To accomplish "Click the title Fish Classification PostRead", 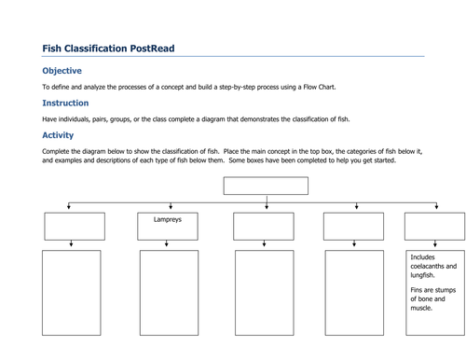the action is coord(108,48).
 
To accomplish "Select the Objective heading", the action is coord(62,71).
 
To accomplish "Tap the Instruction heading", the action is coord(66,104).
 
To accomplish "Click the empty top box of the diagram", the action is coord(266,186).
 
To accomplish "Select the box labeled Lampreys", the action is coord(169,227).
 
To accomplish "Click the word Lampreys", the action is coord(169,221).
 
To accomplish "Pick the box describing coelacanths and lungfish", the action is coord(434,292).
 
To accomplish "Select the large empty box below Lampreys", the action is coord(169,292).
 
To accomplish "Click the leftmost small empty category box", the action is coord(74,227).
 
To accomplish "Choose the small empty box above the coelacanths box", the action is coord(434,227).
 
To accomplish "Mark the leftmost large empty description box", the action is coord(71,292).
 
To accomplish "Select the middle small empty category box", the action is coord(264,227).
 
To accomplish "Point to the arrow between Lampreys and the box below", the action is coord(168,245).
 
